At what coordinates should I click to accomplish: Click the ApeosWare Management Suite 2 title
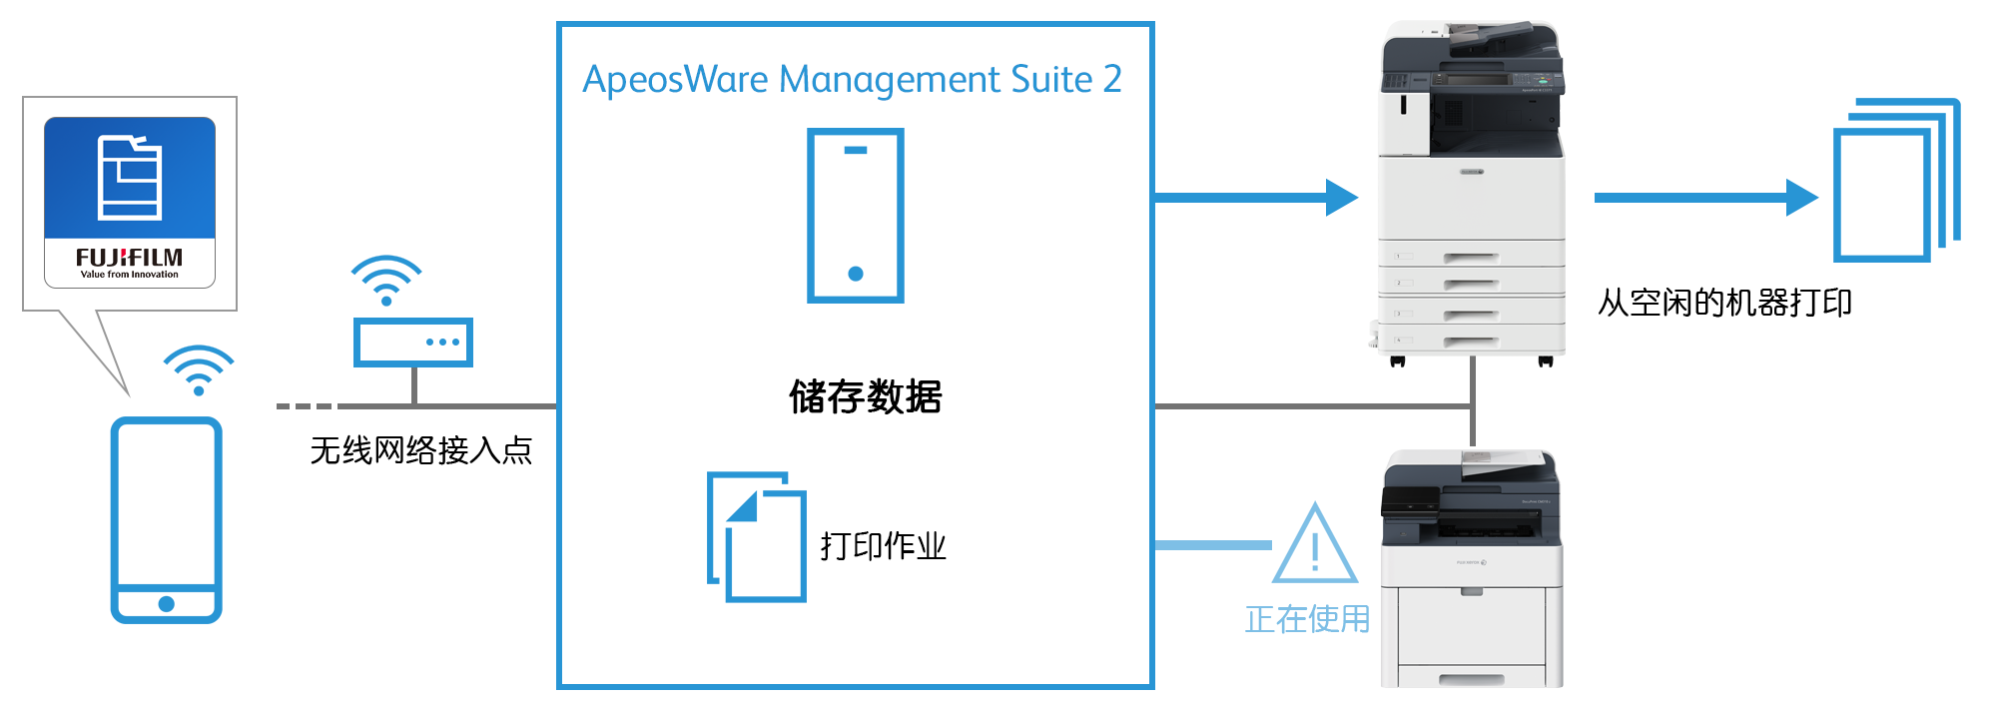click(852, 79)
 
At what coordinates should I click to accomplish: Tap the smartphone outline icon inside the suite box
click(856, 215)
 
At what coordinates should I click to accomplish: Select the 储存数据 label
click(866, 396)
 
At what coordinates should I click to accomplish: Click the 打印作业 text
click(883, 546)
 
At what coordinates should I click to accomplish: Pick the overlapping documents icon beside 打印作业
click(757, 537)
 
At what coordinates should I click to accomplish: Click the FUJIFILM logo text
click(129, 258)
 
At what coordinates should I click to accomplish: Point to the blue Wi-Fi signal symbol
click(199, 369)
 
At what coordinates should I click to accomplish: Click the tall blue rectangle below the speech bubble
click(166, 519)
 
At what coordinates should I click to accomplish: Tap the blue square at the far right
click(1896, 180)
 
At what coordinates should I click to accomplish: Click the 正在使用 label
click(1307, 619)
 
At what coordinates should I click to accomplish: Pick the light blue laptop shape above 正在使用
click(1317, 541)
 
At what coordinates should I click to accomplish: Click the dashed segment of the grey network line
click(304, 405)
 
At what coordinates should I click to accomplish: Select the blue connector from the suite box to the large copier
click(1255, 197)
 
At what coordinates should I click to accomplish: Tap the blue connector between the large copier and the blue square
click(1705, 197)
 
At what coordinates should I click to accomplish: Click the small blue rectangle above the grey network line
click(386, 281)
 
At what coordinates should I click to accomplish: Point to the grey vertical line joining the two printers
click(1473, 407)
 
